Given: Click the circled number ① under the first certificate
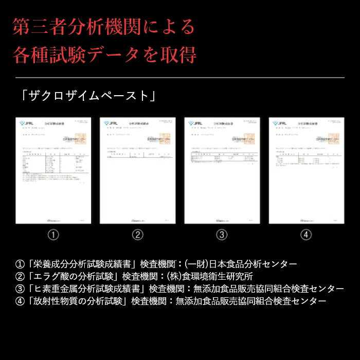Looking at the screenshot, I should pos(53,235).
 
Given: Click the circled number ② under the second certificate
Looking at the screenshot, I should pos(137,235).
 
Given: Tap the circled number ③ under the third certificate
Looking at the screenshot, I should pos(222,235).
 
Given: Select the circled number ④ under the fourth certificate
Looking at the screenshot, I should pos(306,235).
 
